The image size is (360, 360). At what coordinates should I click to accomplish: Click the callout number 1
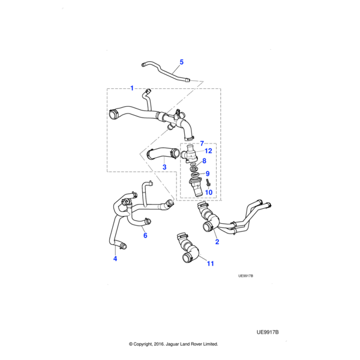pos(132,88)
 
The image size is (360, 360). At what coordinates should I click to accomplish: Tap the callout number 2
pos(217,242)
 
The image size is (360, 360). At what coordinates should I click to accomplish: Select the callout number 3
pos(164,166)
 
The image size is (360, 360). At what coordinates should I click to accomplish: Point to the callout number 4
pos(115,259)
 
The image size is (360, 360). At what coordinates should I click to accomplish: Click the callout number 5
pos(182,62)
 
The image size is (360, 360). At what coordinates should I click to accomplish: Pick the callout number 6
pos(145,236)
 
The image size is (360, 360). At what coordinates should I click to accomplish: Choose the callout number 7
pos(202,143)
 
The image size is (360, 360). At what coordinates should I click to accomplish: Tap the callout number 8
pos(205,161)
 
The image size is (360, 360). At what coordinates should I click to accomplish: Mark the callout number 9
pos(207,173)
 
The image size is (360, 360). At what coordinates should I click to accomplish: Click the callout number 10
pos(209,193)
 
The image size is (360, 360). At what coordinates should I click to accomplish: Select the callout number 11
pos(210,263)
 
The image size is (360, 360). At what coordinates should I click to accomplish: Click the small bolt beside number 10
pos(206,182)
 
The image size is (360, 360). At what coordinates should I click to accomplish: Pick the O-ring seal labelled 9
pos(196,173)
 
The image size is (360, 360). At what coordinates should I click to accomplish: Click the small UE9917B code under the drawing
pos(246,276)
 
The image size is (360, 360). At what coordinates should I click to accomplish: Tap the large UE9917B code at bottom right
pos(268,331)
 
